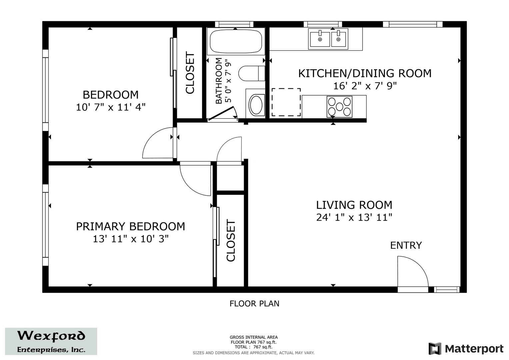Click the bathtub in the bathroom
click(x=236, y=41)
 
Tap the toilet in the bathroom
click(x=252, y=73)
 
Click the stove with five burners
click(x=339, y=107)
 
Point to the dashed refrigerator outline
click(x=286, y=102)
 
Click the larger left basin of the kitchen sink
click(x=320, y=39)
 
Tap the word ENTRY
click(x=406, y=245)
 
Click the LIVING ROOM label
click(x=354, y=205)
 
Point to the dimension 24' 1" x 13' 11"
click(x=354, y=217)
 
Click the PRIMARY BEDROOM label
click(x=131, y=226)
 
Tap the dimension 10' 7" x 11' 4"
click(x=111, y=107)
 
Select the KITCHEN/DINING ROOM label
click(x=365, y=73)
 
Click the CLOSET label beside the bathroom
click(x=190, y=73)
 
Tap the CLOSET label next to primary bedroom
click(x=231, y=240)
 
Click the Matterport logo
click(x=466, y=349)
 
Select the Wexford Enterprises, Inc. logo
click(x=51, y=341)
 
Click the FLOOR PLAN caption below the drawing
click(x=254, y=304)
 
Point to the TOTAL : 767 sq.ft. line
click(x=254, y=347)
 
